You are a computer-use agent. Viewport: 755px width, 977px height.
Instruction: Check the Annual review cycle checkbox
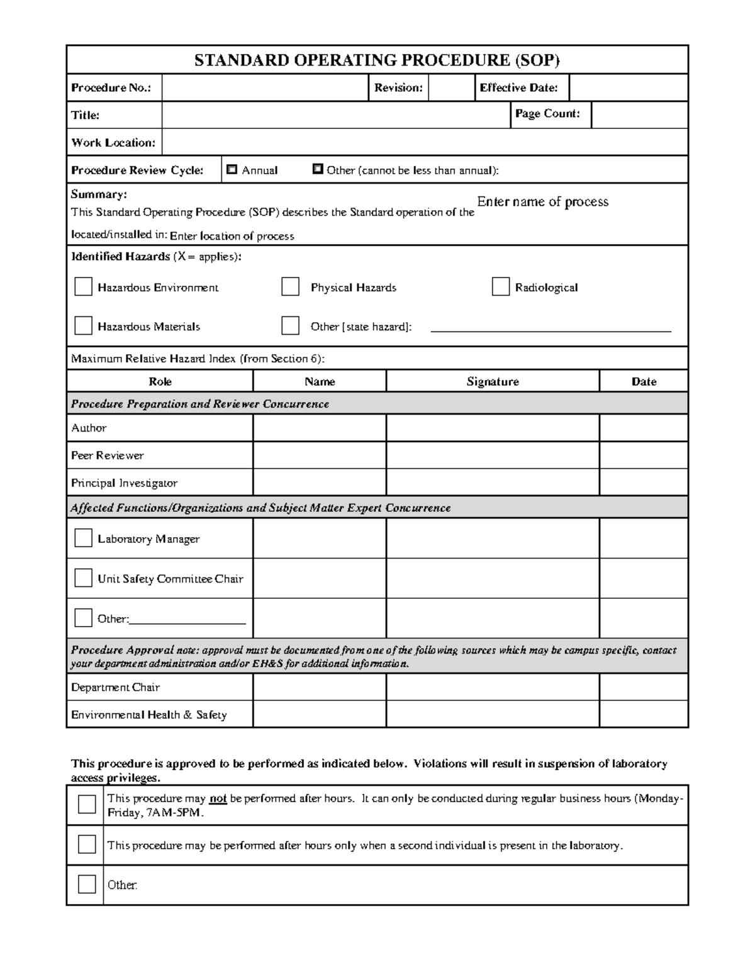[232, 169]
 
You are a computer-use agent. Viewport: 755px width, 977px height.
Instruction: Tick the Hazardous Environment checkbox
[83, 287]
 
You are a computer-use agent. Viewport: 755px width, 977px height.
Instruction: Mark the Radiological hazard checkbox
[500, 287]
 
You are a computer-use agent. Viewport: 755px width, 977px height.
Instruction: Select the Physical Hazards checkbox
[290, 287]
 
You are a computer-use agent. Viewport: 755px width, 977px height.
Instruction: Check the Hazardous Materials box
[83, 325]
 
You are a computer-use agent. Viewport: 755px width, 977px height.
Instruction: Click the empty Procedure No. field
[264, 87]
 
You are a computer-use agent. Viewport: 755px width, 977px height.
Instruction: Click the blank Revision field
[450, 87]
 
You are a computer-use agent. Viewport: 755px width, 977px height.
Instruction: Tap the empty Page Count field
[639, 115]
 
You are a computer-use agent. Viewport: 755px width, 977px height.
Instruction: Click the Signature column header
[492, 381]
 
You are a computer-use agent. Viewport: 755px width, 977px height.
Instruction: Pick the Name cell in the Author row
[319, 428]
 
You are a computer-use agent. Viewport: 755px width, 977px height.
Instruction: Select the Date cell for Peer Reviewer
[643, 455]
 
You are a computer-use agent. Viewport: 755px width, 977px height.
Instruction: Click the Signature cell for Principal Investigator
[492, 483]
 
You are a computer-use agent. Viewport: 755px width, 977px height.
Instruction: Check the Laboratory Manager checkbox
[83, 538]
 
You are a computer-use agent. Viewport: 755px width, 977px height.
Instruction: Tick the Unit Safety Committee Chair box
[83, 578]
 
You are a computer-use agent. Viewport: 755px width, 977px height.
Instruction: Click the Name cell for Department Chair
[319, 687]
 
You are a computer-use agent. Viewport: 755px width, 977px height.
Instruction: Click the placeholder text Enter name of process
[542, 202]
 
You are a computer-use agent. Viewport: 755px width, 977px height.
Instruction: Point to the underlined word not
[218, 798]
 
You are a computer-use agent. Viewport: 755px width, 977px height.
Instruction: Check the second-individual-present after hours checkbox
[87, 844]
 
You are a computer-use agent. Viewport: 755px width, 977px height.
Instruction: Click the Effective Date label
[518, 88]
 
